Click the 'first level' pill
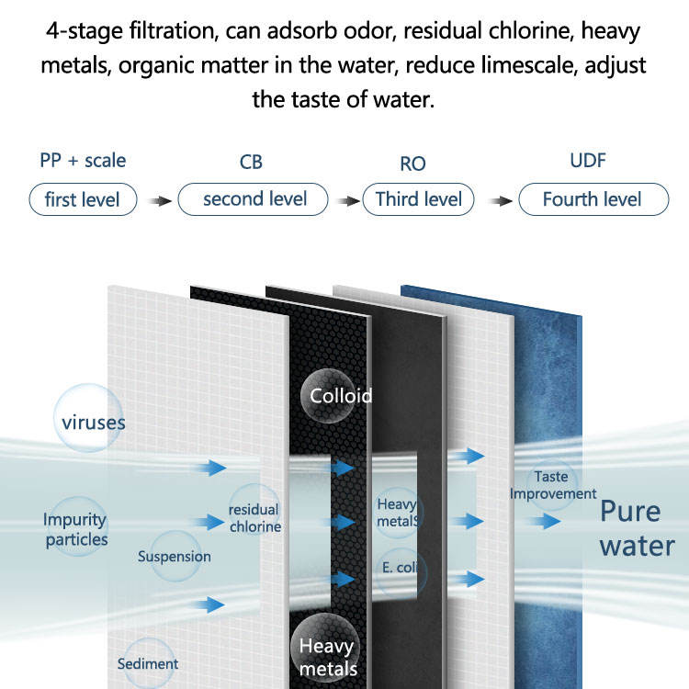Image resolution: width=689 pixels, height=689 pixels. pyautogui.click(x=83, y=199)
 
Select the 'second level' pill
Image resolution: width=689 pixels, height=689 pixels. pyautogui.click(x=254, y=199)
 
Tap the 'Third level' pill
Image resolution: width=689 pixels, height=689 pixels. pyautogui.click(x=418, y=199)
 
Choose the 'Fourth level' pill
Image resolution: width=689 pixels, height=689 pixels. pyautogui.click(x=593, y=199)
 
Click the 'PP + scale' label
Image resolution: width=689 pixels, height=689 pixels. pyautogui.click(x=83, y=161)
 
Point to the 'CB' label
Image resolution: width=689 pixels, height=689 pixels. pyautogui.click(x=251, y=162)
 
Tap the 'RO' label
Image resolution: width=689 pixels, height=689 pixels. pyautogui.click(x=412, y=164)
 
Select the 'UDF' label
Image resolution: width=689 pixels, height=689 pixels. pyautogui.click(x=588, y=161)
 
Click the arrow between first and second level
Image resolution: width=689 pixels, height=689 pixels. pyautogui.click(x=159, y=201)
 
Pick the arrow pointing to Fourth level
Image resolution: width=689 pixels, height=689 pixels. pyautogui.click(x=501, y=201)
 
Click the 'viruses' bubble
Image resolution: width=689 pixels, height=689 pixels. pyautogui.click(x=88, y=418)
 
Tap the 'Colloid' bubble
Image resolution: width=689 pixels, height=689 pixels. pyautogui.click(x=328, y=396)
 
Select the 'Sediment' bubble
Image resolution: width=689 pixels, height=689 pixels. pyautogui.click(x=149, y=663)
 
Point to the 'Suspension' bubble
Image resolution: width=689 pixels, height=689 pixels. pyautogui.click(x=175, y=556)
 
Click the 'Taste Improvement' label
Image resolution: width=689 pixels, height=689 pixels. pyautogui.click(x=552, y=485)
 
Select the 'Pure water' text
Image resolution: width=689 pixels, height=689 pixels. pyautogui.click(x=638, y=528)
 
